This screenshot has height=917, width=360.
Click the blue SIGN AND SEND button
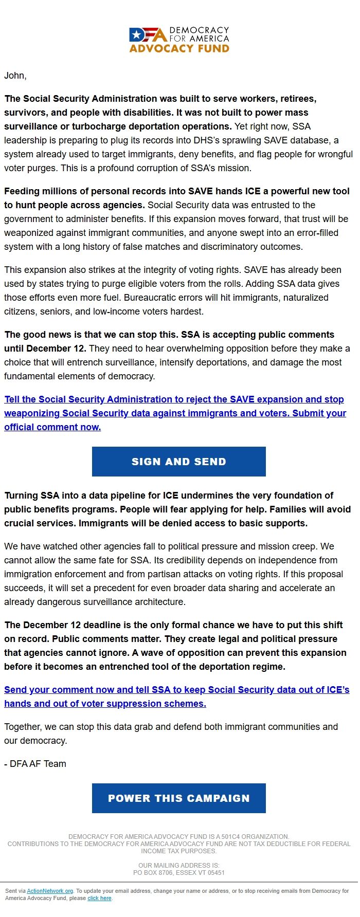coord(178,462)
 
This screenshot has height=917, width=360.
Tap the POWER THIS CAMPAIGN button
coord(178,798)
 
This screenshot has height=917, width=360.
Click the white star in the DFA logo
coord(136,35)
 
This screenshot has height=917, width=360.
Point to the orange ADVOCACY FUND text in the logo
coord(179,49)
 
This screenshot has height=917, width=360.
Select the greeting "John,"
coord(15,76)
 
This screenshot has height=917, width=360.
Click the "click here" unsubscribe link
coord(99,898)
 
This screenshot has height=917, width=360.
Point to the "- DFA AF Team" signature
coord(35,764)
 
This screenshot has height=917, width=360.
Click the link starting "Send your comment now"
coord(176,690)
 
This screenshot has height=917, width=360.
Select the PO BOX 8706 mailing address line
coord(178,872)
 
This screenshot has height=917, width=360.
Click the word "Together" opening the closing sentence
coord(23,727)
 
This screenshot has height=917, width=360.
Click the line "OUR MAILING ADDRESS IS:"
coord(178,865)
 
